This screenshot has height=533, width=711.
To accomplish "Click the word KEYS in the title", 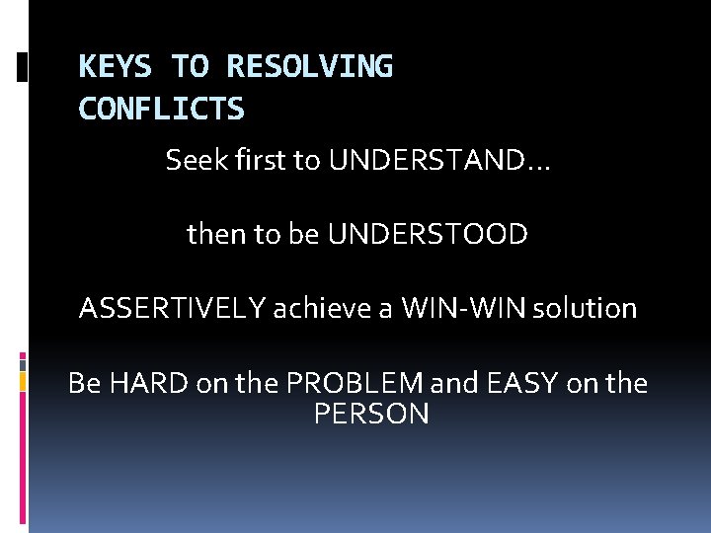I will (116, 67).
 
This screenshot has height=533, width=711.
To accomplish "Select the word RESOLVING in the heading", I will (309, 67).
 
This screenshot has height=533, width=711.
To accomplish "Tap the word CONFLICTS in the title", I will (161, 109).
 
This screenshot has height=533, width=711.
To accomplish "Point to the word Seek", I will (194, 160).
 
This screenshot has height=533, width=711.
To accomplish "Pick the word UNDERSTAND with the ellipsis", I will (440, 160).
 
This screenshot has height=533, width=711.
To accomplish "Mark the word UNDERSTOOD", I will (428, 234).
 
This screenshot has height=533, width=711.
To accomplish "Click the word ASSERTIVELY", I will (173, 308).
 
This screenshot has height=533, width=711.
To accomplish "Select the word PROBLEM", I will (342, 383).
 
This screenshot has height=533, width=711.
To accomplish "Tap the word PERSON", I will (371, 415).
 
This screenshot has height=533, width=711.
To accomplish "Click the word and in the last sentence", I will (453, 383).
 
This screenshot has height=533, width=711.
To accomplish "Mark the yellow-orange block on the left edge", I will (24, 382).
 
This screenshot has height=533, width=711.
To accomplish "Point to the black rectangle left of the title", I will (24, 67).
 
